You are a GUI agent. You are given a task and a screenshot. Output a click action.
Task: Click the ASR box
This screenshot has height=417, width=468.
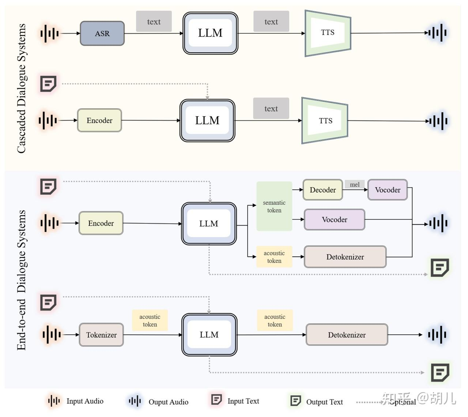click(102, 33)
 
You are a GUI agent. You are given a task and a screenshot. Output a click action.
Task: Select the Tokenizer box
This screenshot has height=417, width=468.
click(101, 335)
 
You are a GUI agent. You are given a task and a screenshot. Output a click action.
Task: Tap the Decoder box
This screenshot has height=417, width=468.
click(322, 190)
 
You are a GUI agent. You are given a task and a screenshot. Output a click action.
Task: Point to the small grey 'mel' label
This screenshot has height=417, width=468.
click(354, 184)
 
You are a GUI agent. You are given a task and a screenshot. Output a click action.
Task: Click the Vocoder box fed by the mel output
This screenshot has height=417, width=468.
click(387, 190)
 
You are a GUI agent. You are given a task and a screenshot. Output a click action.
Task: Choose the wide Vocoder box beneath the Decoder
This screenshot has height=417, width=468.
click(334, 219)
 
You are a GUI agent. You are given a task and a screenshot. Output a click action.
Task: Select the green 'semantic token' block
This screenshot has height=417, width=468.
click(274, 206)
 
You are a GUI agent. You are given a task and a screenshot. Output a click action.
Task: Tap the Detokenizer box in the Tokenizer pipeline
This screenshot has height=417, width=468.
click(347, 335)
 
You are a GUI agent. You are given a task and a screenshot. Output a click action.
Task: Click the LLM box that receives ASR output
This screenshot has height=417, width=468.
click(210, 33)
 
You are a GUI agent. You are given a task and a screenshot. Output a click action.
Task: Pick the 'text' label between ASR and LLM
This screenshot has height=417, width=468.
click(154, 22)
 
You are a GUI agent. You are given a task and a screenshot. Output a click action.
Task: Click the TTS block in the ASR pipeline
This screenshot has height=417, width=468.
click(328, 33)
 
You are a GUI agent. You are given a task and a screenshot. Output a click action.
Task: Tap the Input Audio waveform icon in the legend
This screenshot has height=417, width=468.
click(54, 401)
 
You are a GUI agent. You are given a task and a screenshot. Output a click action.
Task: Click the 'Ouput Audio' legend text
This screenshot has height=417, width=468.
click(168, 402)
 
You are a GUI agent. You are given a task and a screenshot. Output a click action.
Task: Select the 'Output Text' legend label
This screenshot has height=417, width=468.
click(324, 402)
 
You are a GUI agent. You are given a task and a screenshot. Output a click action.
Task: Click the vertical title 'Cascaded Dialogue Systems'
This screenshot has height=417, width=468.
click(21, 88)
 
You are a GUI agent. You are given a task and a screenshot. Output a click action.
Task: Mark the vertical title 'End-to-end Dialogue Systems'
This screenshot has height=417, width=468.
click(21, 280)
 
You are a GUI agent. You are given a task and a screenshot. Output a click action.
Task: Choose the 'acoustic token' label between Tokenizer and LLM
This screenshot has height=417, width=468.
click(150, 320)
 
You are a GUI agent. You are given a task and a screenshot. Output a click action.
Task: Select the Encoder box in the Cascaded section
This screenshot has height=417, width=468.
click(99, 120)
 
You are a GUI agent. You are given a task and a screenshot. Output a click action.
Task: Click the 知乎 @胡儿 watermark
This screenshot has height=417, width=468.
click(419, 398)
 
